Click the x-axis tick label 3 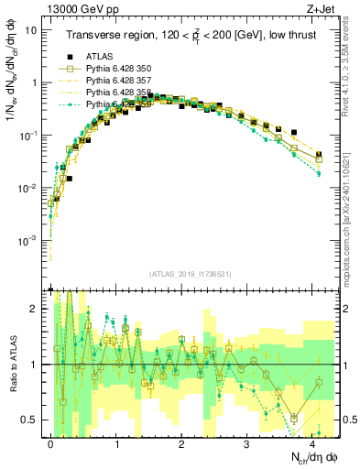247,442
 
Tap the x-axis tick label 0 50,442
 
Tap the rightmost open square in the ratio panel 319,383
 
